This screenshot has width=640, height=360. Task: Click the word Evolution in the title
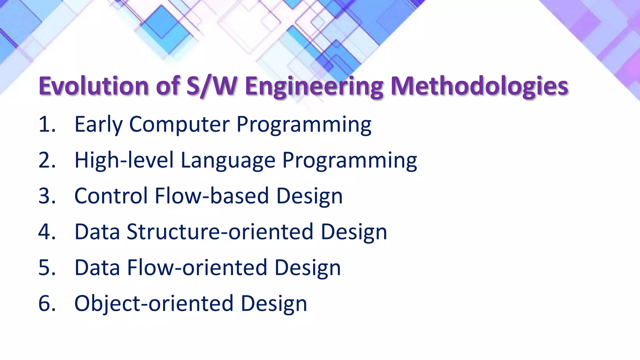[x=93, y=86]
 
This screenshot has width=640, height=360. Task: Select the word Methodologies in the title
[x=479, y=86]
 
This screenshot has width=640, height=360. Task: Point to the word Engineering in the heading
[x=314, y=86]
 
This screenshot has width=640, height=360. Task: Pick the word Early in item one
[x=98, y=124]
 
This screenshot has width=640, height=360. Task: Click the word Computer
[x=179, y=124]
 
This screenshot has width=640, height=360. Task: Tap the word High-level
[x=124, y=160]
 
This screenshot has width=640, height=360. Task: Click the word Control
[x=111, y=196]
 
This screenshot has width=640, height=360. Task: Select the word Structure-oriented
[x=220, y=232]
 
